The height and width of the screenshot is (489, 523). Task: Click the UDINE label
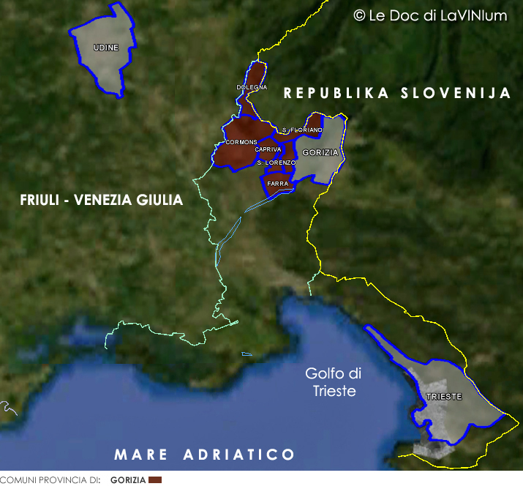click(x=106, y=48)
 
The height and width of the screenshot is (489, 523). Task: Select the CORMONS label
click(x=241, y=141)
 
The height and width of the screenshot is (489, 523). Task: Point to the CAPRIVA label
click(x=268, y=149)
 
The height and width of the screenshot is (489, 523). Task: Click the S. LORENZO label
click(x=276, y=162)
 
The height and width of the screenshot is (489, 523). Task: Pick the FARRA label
click(x=277, y=183)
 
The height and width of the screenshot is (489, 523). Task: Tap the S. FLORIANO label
click(x=301, y=130)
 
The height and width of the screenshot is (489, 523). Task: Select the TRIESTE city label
click(x=444, y=396)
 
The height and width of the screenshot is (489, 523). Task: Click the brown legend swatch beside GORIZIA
click(x=154, y=480)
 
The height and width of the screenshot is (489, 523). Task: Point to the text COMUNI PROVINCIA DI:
click(x=50, y=481)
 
